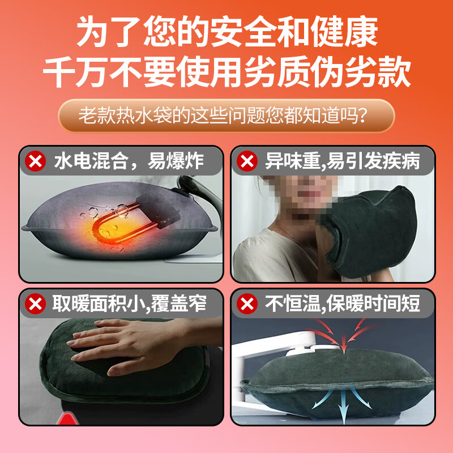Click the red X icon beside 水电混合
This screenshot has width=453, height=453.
[36, 162]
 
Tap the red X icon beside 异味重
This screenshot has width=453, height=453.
[247, 162]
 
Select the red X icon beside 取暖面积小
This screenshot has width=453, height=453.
[36, 305]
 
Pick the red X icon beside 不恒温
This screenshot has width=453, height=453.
[247, 305]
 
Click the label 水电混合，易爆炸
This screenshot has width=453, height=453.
[127, 162]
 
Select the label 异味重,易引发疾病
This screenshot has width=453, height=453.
[343, 162]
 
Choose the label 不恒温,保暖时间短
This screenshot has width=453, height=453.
[343, 305]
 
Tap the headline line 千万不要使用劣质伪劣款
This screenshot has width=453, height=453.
[226, 74]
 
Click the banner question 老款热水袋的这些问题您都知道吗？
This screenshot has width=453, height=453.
[226, 116]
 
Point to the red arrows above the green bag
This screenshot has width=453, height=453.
[340, 331]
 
